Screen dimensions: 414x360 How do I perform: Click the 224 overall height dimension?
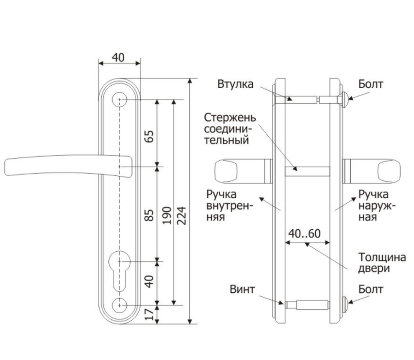click(x=181, y=216)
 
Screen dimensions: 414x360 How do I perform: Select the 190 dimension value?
click(x=167, y=216)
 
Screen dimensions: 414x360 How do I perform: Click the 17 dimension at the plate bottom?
click(x=149, y=314)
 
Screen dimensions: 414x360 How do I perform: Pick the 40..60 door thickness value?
click(x=305, y=234)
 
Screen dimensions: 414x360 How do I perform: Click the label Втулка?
click(x=235, y=84)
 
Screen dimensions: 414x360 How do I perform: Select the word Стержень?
click(x=230, y=118)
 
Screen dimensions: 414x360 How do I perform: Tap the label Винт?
click(x=242, y=289)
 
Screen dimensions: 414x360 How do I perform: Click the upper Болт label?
click(x=371, y=84)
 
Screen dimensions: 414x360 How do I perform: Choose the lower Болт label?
click(x=371, y=289)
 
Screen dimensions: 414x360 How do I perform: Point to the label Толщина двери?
click(x=382, y=263)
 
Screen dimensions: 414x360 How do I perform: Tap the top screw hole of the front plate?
click(x=120, y=100)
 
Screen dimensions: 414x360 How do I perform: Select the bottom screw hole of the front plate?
click(x=120, y=305)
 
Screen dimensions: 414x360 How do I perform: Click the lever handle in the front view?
click(x=68, y=166)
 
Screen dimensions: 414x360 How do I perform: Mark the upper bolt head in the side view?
click(x=344, y=99)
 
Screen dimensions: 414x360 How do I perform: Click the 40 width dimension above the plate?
click(x=118, y=57)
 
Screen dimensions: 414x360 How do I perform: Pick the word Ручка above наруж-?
click(x=373, y=194)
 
